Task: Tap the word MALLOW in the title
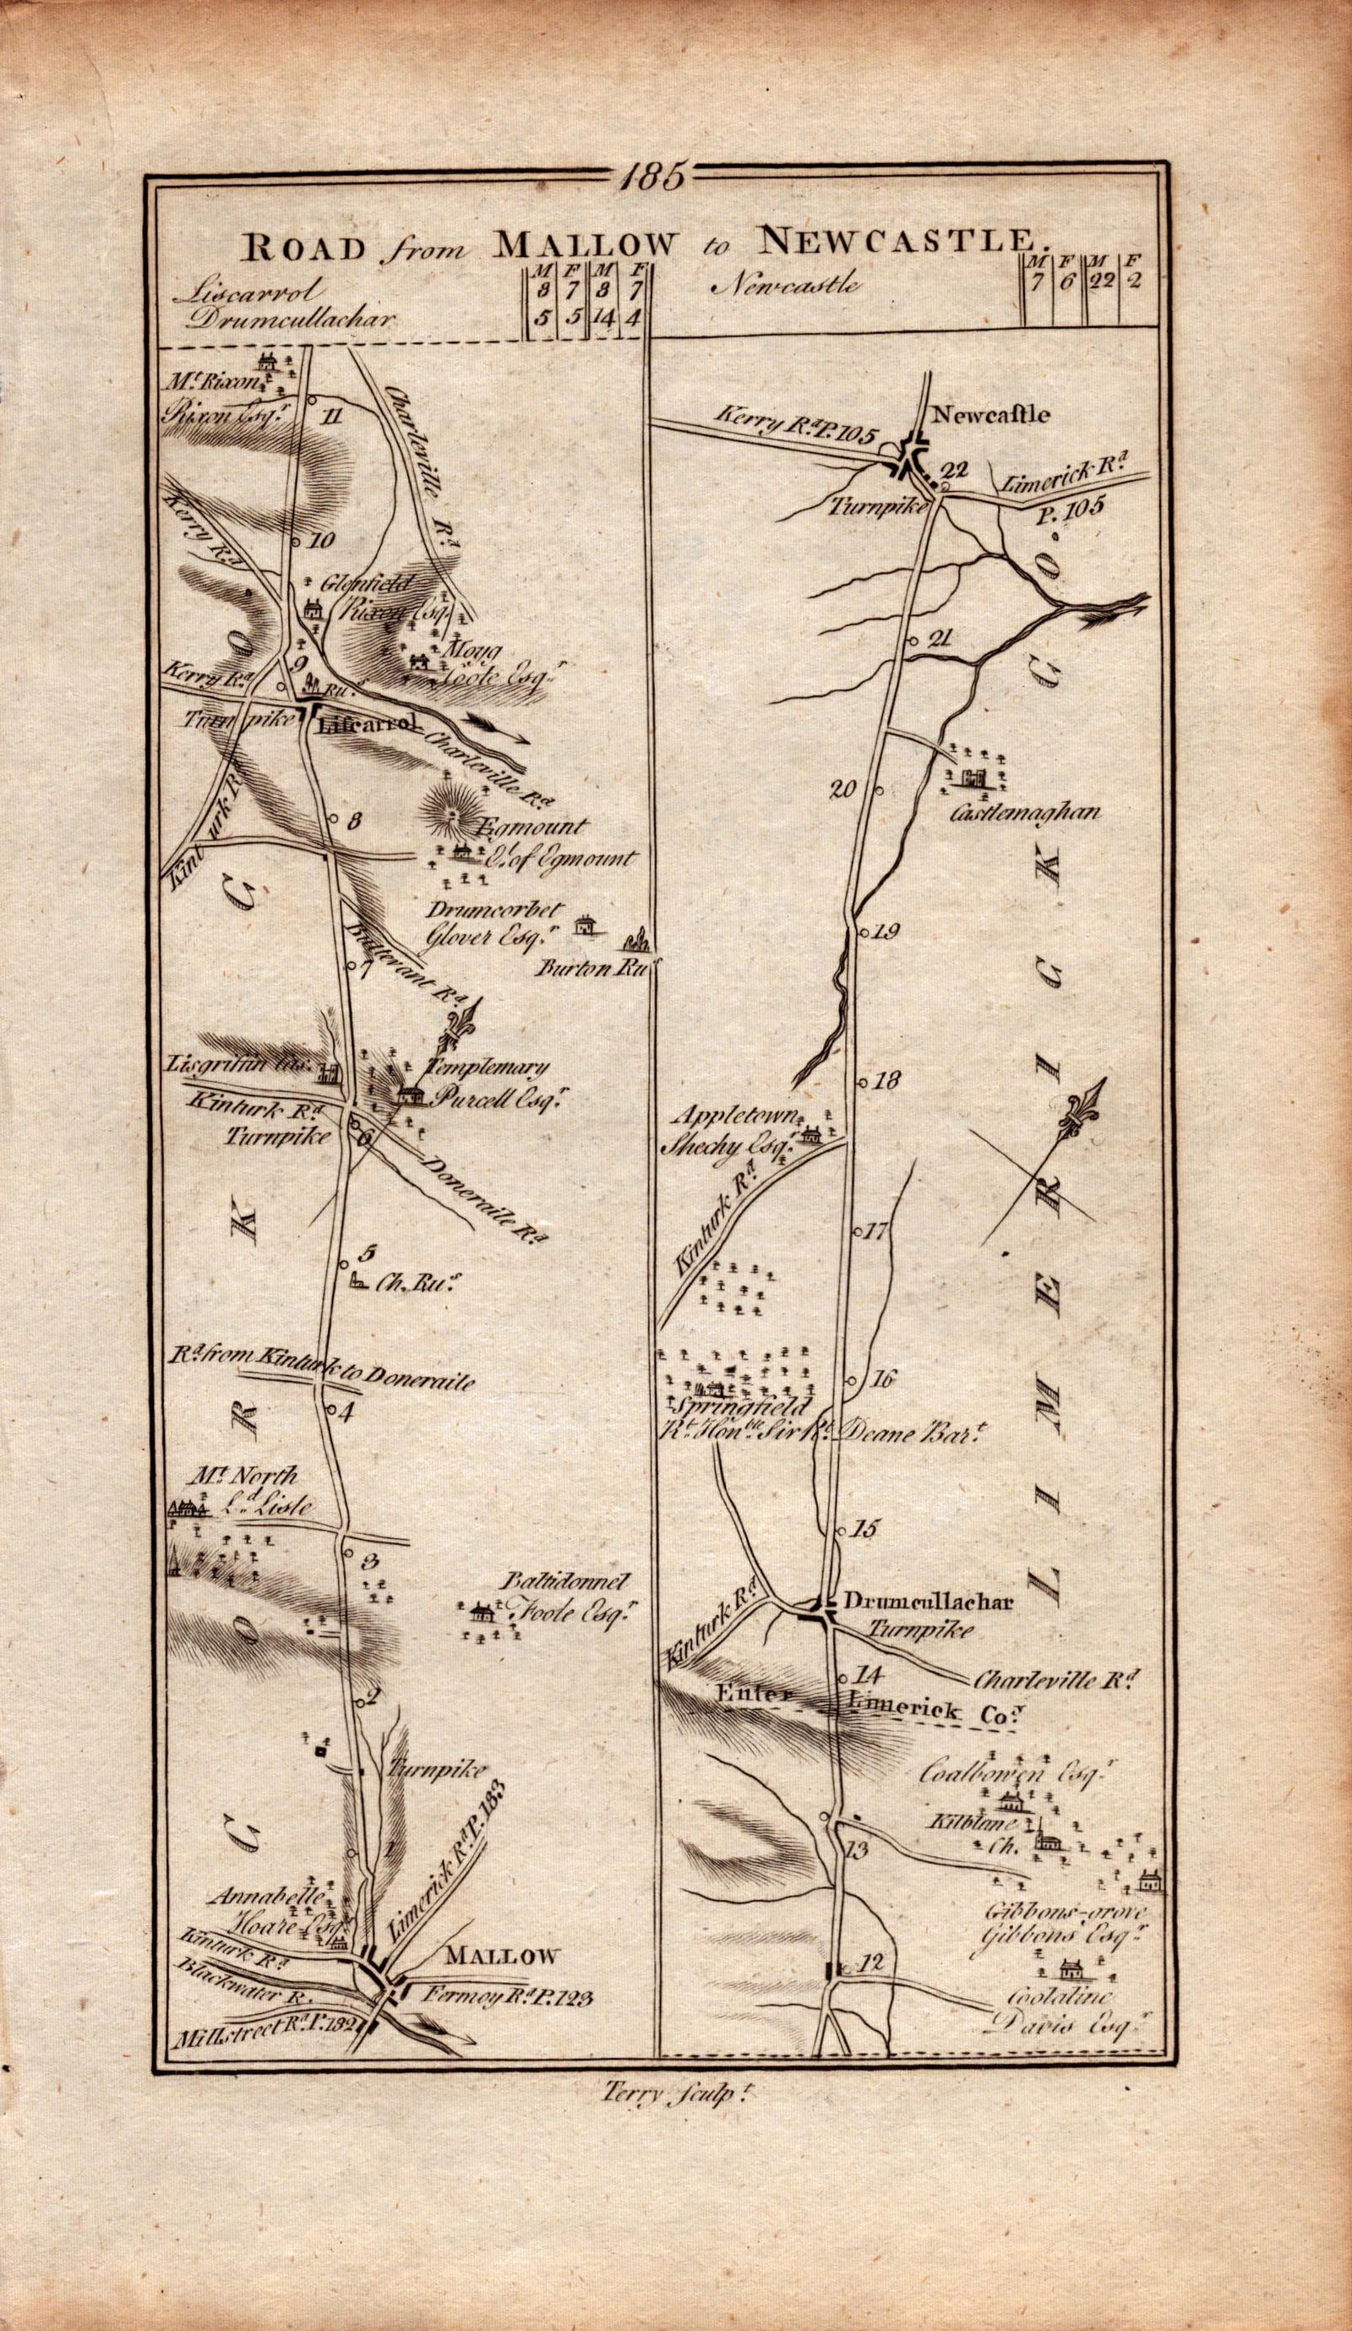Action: click(585, 243)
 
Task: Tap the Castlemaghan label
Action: click(1022, 814)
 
